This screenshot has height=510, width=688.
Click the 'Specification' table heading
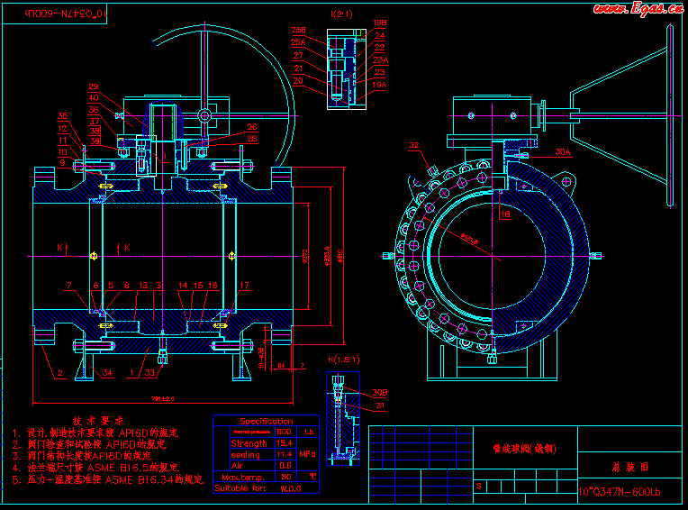[x=267, y=421]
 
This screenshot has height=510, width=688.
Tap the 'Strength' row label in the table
[x=249, y=443]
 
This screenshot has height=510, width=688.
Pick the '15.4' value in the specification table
[x=285, y=443]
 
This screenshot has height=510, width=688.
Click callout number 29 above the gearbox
[x=94, y=87]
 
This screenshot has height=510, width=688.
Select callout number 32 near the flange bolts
[x=414, y=144]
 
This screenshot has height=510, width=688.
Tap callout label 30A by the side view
[x=563, y=152]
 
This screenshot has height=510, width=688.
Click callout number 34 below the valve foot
[x=108, y=372]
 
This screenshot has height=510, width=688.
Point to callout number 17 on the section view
[x=243, y=286]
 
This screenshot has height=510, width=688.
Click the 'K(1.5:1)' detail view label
[x=341, y=360]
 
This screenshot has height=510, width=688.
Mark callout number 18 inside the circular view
[x=505, y=214]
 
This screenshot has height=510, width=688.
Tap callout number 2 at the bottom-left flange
[x=60, y=372]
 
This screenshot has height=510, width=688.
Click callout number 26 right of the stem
[x=252, y=127]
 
